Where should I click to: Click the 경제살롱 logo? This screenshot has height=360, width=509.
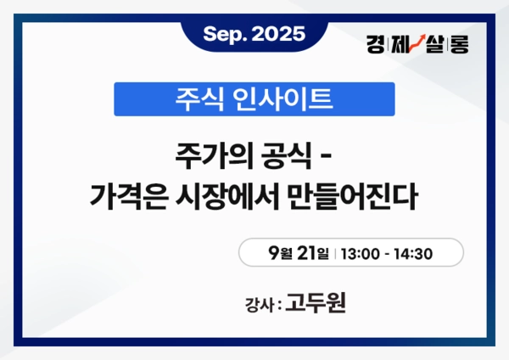click(417, 43)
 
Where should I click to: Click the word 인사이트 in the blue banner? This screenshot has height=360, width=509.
click(277, 99)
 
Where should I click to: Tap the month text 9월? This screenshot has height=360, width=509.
click(280, 253)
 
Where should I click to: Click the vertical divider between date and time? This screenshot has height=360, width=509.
click(337, 254)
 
